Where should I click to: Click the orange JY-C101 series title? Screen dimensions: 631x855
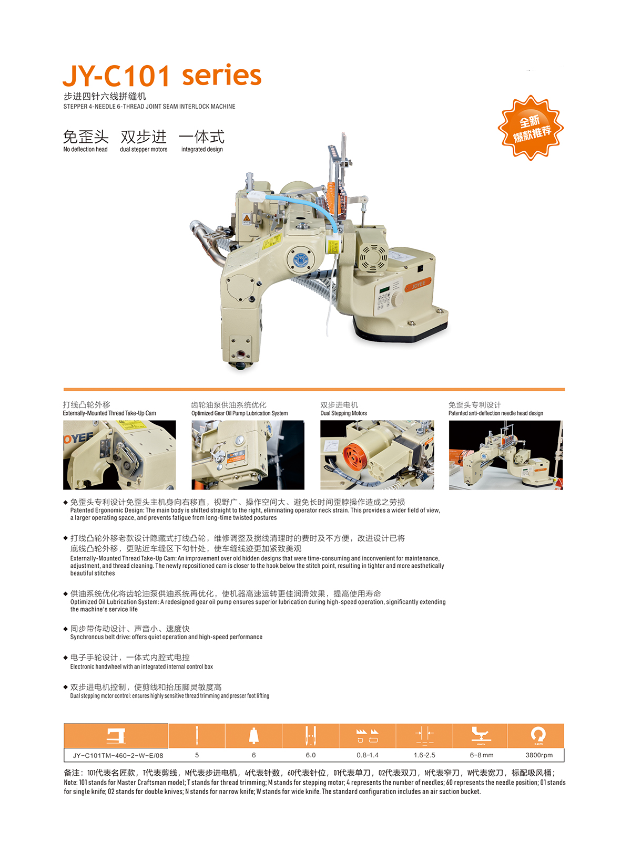pyautogui.click(x=162, y=75)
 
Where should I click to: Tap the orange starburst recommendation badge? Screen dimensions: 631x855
pyautogui.click(x=531, y=128)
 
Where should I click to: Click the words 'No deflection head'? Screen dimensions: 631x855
pyautogui.click(x=85, y=149)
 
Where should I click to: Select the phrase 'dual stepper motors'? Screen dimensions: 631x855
pyautogui.click(x=144, y=149)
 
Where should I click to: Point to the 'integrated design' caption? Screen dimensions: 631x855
pyautogui.click(x=202, y=149)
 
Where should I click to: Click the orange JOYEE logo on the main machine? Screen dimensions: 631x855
pyautogui.click(x=418, y=284)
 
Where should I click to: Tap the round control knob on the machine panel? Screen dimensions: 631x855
pyautogui.click(x=398, y=298)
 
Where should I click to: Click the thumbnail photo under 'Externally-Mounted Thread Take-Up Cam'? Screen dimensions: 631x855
pyautogui.click(x=119, y=455)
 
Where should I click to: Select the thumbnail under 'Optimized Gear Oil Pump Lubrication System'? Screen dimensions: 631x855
pyautogui.click(x=248, y=455)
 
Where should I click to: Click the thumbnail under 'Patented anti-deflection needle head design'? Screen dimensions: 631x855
pyautogui.click(x=506, y=455)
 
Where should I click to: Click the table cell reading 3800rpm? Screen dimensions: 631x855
pyautogui.click(x=539, y=755)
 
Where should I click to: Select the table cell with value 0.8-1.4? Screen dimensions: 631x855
pyautogui.click(x=367, y=755)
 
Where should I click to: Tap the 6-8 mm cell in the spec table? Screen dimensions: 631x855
pyautogui.click(x=482, y=755)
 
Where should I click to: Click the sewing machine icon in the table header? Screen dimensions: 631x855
pyautogui.click(x=116, y=736)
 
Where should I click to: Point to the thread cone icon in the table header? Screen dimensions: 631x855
pyautogui.click(x=254, y=736)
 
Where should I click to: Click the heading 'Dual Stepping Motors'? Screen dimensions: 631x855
pyautogui.click(x=343, y=413)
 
